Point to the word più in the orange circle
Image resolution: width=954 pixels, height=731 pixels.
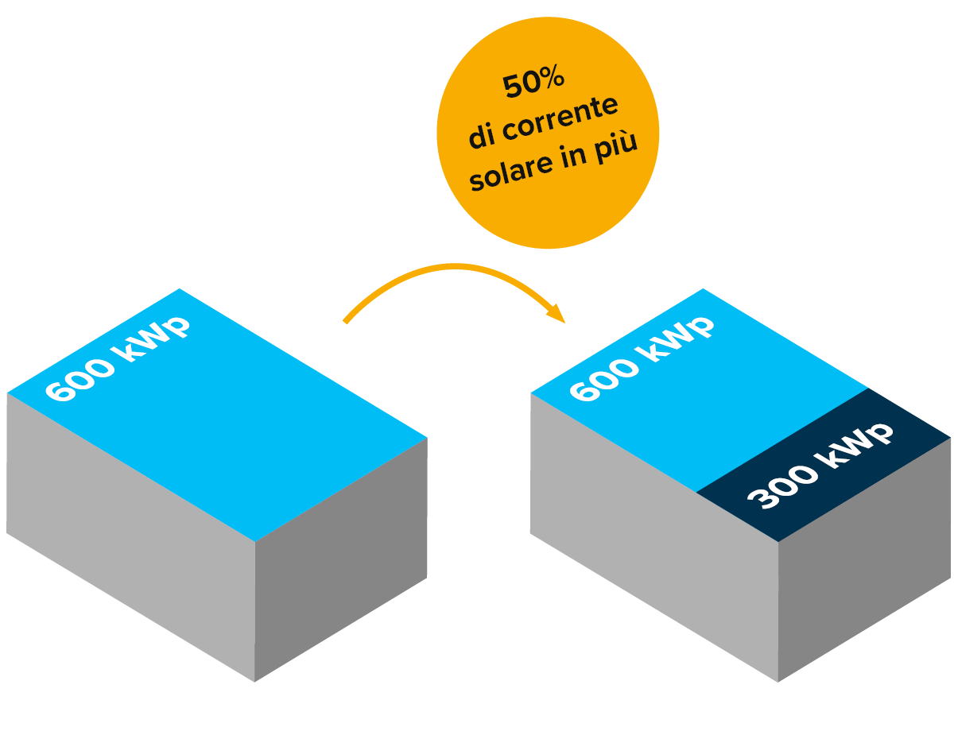(615, 151)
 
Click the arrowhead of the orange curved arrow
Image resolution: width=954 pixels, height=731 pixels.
(558, 315)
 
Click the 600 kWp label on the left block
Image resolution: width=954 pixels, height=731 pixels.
(118, 359)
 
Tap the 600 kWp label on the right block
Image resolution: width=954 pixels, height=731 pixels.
(641, 359)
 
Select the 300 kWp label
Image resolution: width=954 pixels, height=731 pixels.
(820, 465)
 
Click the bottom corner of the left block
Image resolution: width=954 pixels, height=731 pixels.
(254, 681)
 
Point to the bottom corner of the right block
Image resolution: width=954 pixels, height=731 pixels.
(778, 681)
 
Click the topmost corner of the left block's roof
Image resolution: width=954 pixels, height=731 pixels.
(180, 289)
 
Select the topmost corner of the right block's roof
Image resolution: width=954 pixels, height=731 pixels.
(703, 289)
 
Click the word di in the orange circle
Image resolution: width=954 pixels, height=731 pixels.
(483, 137)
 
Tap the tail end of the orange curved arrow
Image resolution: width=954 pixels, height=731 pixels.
(345, 322)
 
